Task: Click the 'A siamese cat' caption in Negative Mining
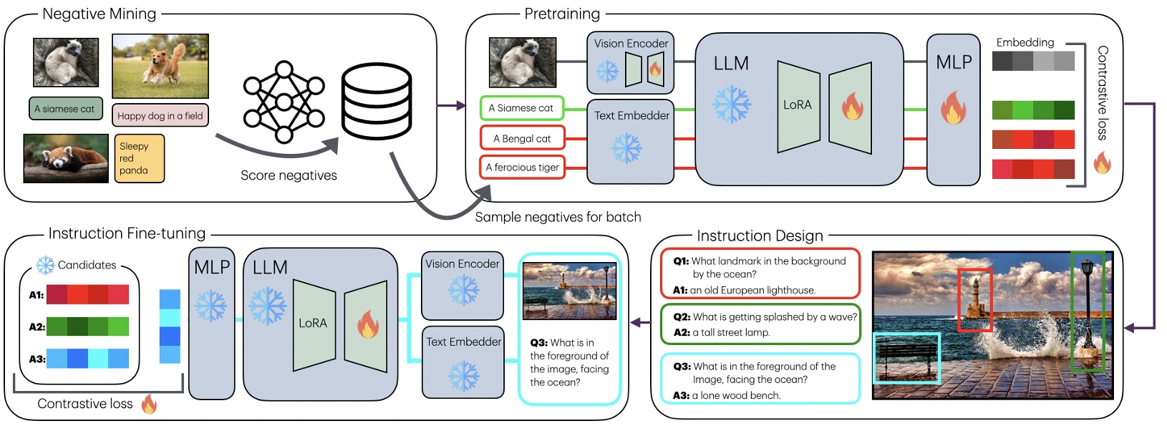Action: pyautogui.click(x=65, y=109)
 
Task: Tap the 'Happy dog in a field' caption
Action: pyautogui.click(x=160, y=115)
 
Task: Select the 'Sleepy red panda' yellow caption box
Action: pyautogui.click(x=139, y=158)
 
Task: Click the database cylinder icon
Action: pyautogui.click(x=377, y=101)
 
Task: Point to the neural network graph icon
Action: pyautogui.click(x=284, y=102)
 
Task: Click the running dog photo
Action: pyautogui.click(x=160, y=66)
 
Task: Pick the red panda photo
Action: pyautogui.click(x=66, y=158)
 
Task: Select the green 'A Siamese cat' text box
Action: pyautogui.click(x=521, y=108)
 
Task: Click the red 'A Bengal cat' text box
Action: pyautogui.click(x=522, y=138)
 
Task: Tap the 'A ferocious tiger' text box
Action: pyautogui.click(x=522, y=168)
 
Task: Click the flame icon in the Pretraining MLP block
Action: pyautogui.click(x=953, y=108)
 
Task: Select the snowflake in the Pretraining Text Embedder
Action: pyautogui.click(x=626, y=148)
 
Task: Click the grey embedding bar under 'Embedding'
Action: pyautogui.click(x=1033, y=61)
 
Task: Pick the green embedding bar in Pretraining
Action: pyautogui.click(x=1033, y=110)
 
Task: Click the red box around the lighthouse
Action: pyautogui.click(x=974, y=300)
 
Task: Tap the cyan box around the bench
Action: pyautogui.click(x=906, y=358)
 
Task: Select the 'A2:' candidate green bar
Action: pyautogui.click(x=87, y=326)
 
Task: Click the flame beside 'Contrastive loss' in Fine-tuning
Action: pyautogui.click(x=149, y=405)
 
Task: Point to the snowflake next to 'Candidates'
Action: pyautogui.click(x=45, y=265)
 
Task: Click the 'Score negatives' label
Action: pyautogui.click(x=289, y=175)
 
